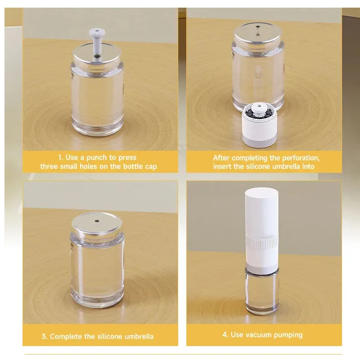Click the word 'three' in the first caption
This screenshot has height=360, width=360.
point(49,167)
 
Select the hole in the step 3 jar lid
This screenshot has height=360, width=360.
point(97,221)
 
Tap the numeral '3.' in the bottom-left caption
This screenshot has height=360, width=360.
point(44,337)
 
